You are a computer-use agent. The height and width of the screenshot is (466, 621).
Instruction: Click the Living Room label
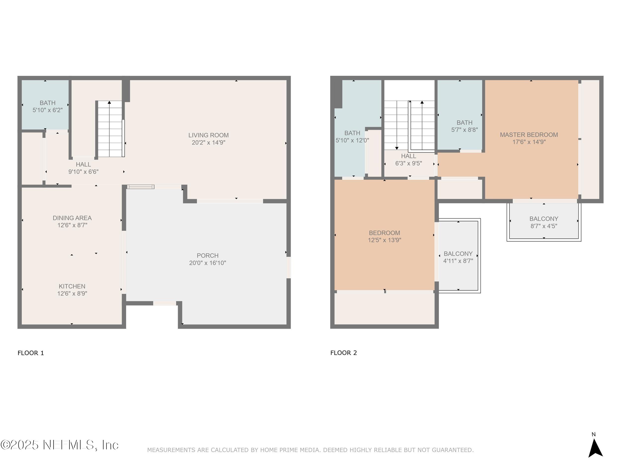point(208,135)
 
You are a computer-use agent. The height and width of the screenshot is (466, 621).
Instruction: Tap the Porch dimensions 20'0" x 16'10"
point(207,263)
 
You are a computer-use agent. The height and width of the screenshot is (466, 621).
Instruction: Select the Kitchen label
point(72,286)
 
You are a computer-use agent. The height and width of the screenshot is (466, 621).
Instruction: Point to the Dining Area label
point(72,218)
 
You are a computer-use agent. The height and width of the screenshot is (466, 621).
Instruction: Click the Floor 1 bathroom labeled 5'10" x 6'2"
point(47,106)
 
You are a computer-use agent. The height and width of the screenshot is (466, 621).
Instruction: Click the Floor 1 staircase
point(110,129)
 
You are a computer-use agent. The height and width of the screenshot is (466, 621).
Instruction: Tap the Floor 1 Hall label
point(83,164)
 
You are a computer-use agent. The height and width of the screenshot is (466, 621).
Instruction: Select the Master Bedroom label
point(529,134)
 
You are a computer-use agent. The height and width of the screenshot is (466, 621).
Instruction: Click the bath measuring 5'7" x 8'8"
point(464,126)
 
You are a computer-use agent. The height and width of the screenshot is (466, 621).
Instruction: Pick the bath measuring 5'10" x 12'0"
point(352,136)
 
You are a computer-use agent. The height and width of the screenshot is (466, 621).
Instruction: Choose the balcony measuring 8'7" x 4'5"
point(543,222)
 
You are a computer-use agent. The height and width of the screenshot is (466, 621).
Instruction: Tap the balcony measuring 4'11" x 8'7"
point(458,257)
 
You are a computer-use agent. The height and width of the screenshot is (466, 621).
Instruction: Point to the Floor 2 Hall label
point(408,156)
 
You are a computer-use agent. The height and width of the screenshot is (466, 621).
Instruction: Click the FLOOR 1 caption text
point(31,353)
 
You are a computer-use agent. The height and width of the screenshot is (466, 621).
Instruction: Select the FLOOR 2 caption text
point(343,353)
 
